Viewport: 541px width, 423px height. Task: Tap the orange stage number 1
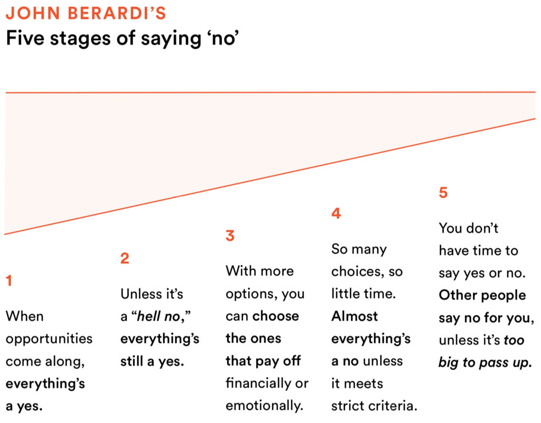tap(9, 280)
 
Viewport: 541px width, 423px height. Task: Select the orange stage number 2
tap(125, 258)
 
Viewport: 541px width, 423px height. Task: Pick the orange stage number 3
tap(230, 236)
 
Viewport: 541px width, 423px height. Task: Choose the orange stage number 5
tap(443, 193)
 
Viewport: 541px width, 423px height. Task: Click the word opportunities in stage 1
tap(49, 339)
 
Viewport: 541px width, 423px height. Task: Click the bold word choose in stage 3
tap(275, 316)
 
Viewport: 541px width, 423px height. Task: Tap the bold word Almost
tap(355, 316)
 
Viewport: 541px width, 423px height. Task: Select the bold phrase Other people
tap(482, 295)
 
